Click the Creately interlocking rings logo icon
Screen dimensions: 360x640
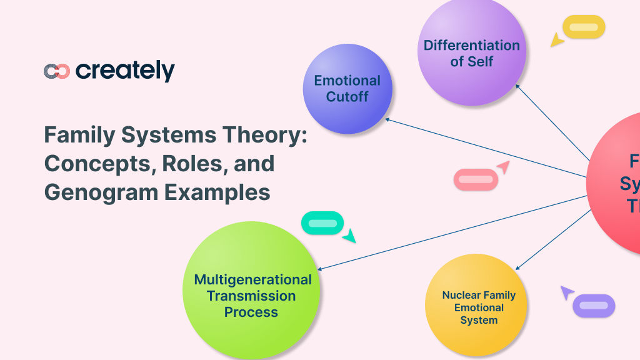(56, 71)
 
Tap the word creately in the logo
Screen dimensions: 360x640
(125, 71)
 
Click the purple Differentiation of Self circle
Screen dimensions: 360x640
(471, 53)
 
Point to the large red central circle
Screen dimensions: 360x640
(619, 181)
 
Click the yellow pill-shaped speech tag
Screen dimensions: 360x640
(584, 27)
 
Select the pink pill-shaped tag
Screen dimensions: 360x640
(476, 179)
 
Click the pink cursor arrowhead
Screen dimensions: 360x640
(503, 167)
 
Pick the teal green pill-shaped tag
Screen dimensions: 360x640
(322, 223)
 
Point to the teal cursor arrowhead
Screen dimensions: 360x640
(349, 236)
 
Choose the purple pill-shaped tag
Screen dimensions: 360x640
(594, 306)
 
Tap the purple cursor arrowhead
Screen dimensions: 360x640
(566, 291)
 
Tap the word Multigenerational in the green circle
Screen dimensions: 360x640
(252, 279)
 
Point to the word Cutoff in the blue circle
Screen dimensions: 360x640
(347, 97)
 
